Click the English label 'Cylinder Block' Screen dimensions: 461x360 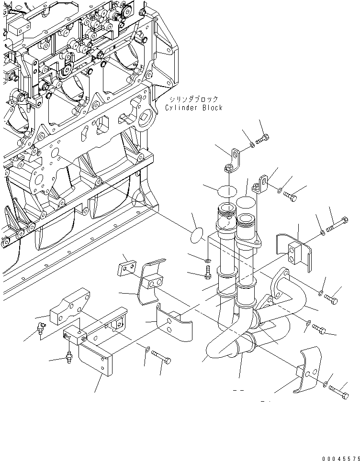[193, 108]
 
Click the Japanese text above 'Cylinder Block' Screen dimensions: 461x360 [193, 99]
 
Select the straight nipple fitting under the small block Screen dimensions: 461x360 [70, 357]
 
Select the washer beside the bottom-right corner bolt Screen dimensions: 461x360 [326, 383]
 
